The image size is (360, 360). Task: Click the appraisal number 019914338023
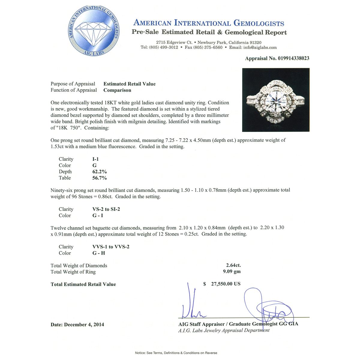(289, 58)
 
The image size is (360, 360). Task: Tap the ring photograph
(276, 100)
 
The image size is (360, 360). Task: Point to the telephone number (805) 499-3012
(163, 47)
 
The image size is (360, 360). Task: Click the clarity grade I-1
(96, 159)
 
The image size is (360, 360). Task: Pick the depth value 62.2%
(100, 172)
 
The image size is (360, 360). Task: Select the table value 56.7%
(100, 178)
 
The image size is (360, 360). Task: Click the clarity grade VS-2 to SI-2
(106, 209)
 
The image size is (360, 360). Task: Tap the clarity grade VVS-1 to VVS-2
(111, 247)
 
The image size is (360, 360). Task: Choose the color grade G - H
(99, 253)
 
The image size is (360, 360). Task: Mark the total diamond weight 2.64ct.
(233, 265)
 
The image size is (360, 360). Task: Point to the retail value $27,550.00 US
(222, 284)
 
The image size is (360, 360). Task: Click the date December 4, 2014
(77, 324)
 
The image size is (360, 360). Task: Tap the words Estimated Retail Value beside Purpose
(130, 84)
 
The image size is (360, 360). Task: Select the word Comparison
(117, 90)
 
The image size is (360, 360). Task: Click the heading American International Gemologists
(208, 23)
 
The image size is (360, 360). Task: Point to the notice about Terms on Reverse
(176, 353)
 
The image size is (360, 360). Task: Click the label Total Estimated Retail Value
(83, 284)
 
